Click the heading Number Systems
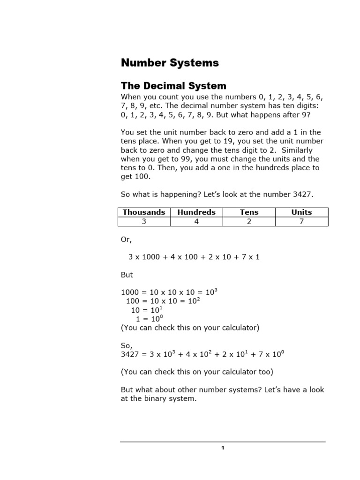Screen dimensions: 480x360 tap(163, 63)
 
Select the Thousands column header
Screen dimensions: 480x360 tap(144, 212)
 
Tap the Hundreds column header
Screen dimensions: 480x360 tap(196, 212)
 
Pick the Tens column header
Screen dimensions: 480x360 tap(249, 212)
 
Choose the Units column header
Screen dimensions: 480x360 tap(301, 212)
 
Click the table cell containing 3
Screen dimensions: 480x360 tap(144, 222)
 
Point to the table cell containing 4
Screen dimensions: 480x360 tap(196, 222)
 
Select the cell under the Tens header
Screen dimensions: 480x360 tap(249, 222)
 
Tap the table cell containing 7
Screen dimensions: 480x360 tap(301, 222)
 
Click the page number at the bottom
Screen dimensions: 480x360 tap(223, 449)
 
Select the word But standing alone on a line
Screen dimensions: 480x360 tap(127, 275)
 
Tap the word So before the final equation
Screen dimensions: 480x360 tap(126, 345)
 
